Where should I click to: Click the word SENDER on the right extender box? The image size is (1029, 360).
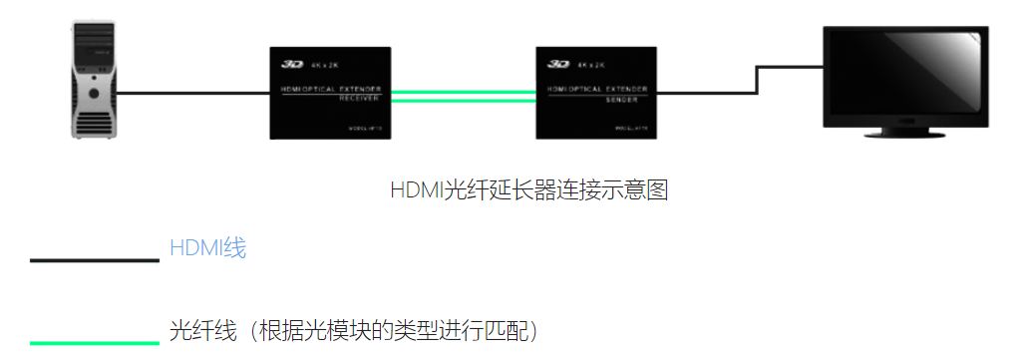(596, 99)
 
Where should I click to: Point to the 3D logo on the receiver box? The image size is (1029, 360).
(292, 64)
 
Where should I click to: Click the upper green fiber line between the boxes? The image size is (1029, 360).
(463, 90)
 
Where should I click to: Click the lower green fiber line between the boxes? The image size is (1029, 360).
(463, 99)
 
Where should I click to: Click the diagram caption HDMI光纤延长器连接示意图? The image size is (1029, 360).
(528, 189)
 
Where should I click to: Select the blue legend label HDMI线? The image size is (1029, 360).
(207, 248)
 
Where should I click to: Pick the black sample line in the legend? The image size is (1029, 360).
(95, 260)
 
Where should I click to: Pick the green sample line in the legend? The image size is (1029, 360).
(95, 343)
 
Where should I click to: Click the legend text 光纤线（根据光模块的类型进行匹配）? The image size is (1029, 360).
(354, 329)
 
